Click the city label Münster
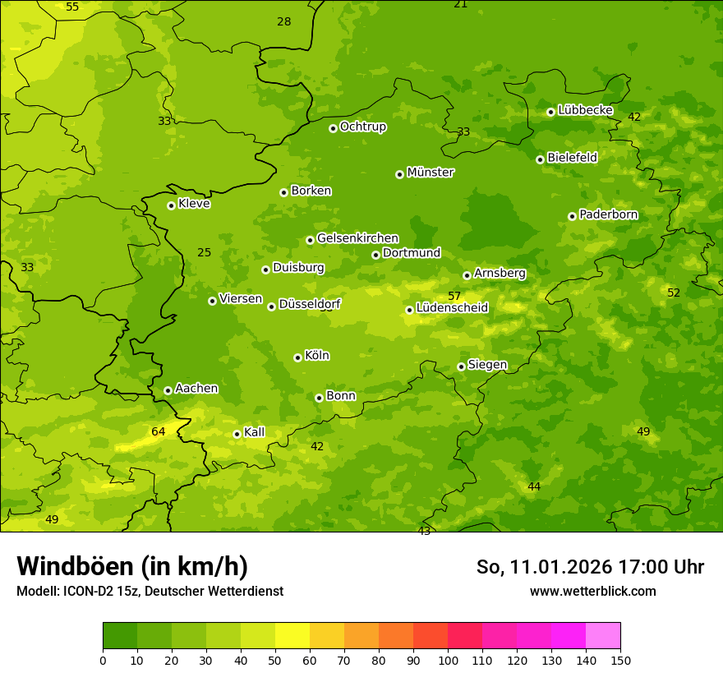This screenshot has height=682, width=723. [430, 173]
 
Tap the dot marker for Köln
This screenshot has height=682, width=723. [297, 357]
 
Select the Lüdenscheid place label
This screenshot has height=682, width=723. [452, 308]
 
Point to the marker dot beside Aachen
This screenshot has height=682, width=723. [168, 390]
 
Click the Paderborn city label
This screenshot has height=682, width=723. [608, 214]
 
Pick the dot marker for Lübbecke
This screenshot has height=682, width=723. [550, 112]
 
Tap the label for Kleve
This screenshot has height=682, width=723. [194, 204]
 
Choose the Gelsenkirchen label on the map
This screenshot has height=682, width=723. [357, 238]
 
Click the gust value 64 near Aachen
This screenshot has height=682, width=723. [159, 431]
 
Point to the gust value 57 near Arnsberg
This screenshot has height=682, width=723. [454, 296]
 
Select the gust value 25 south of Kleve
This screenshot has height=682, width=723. [205, 252]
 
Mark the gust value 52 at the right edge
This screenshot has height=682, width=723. [674, 293]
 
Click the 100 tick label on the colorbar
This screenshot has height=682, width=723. [448, 661]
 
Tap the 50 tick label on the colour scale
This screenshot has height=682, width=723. [275, 661]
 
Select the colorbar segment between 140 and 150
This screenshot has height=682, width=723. [603, 636]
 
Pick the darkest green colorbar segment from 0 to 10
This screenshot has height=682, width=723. [120, 636]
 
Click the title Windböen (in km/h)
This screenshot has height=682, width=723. [132, 566]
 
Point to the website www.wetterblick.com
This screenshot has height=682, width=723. [592, 591]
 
